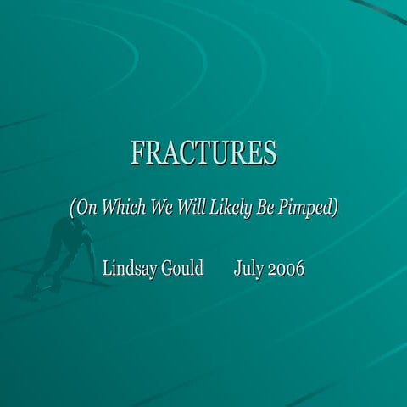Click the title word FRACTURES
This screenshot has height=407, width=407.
click(x=203, y=153)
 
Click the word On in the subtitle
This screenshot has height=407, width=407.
click(x=87, y=208)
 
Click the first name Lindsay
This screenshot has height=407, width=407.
click(x=130, y=270)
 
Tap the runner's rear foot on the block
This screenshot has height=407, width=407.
click(x=33, y=288)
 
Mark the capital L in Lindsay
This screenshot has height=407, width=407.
click(x=107, y=269)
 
